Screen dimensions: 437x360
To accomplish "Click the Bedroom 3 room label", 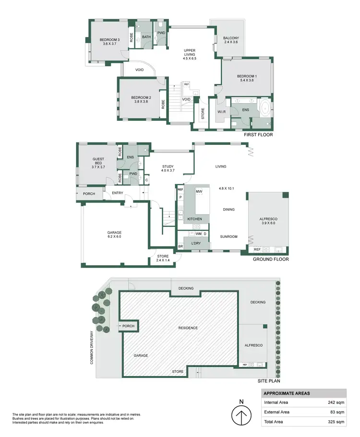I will tap(109, 39).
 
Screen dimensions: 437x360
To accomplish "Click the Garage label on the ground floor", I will tap(114, 232).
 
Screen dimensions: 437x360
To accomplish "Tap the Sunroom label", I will tap(229, 236).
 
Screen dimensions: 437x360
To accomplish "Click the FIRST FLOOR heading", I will tap(258, 135).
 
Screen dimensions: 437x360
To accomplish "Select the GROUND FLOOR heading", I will tap(271, 259).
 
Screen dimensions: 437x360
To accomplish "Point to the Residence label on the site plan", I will tap(188, 328).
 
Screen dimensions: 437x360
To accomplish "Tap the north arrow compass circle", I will tap(241, 415).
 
